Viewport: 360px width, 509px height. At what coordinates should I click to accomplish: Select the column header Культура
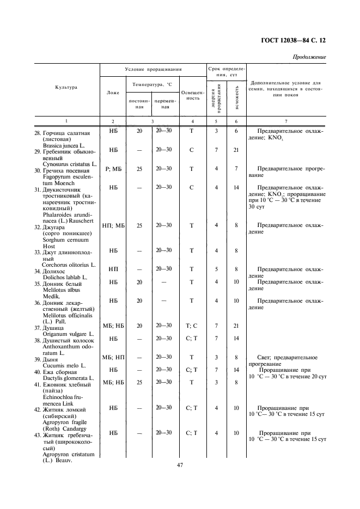pyautogui.click(x=66, y=87)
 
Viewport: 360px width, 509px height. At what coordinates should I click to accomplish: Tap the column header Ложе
pyautogui.click(x=113, y=92)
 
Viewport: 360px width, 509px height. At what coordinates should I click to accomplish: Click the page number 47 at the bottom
pyautogui.click(x=180, y=465)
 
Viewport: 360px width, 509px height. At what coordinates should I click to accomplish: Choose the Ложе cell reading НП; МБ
pyautogui.click(x=113, y=225)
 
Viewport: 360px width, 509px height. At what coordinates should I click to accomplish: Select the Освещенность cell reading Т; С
pyautogui.click(x=191, y=326)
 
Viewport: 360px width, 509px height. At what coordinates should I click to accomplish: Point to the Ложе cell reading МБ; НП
pyautogui.click(x=113, y=357)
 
